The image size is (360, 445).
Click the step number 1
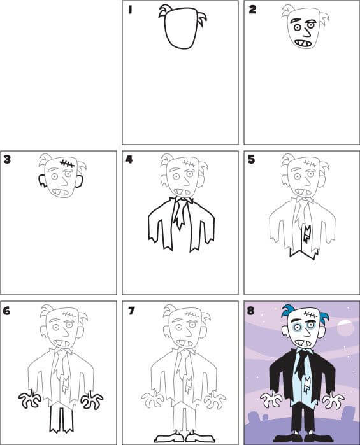click(130, 10)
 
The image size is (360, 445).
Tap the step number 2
click(252, 10)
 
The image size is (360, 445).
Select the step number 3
click(7, 159)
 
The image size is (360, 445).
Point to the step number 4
click(129, 159)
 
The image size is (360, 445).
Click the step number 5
click(251, 160)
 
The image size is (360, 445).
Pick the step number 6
click(7, 311)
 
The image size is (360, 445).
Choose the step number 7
click(131, 311)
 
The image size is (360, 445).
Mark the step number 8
click(250, 311)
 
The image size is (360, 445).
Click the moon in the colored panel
click(345, 328)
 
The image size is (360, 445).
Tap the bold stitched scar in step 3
click(67, 164)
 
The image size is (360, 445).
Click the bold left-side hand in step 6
click(30, 399)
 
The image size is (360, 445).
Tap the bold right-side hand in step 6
click(92, 400)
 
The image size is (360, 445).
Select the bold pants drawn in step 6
click(61, 420)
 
